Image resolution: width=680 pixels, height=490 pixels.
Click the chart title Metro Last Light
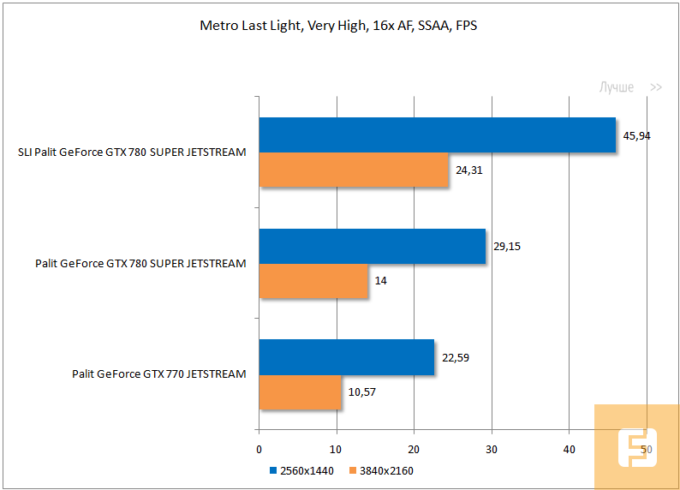[x=338, y=26]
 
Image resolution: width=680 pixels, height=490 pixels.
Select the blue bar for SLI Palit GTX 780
[x=437, y=135]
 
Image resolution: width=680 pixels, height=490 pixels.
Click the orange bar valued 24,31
[x=354, y=170]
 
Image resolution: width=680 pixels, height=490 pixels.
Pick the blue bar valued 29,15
[x=372, y=246]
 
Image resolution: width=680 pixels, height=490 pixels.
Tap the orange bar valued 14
[x=313, y=280]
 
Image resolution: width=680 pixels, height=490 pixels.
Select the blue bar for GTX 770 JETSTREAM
[x=346, y=357]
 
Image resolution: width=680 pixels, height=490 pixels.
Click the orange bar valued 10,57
[x=300, y=391]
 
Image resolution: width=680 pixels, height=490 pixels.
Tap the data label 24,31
[x=470, y=170]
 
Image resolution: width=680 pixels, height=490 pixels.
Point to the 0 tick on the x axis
[x=259, y=449]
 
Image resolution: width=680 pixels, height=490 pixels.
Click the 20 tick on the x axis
[x=414, y=449]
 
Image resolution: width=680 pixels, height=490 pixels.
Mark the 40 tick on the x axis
[x=569, y=449]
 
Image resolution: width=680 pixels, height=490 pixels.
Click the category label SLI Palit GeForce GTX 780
[x=132, y=152]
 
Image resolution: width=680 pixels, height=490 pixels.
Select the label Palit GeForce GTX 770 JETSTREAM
[x=159, y=373]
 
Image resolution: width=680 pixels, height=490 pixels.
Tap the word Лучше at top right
[x=616, y=87]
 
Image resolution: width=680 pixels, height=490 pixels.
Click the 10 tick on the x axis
[x=337, y=449]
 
